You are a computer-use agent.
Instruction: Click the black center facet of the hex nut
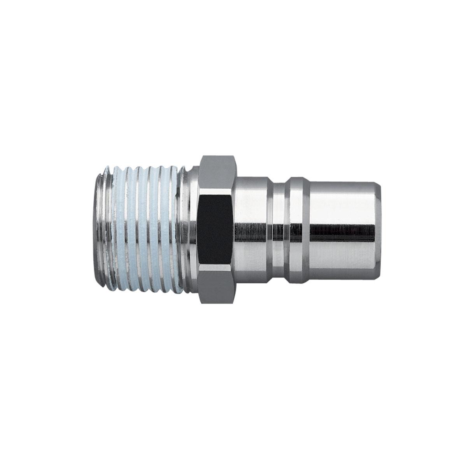(x=215, y=230)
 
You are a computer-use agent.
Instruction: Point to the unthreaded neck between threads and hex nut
(x=191, y=230)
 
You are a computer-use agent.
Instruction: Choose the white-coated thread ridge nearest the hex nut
(x=177, y=230)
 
